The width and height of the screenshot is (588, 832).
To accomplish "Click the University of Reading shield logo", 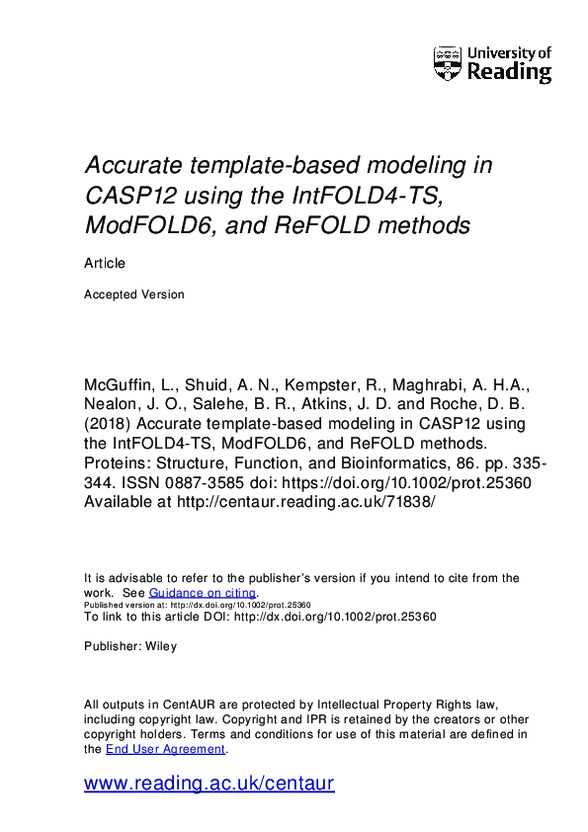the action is [x=448, y=63].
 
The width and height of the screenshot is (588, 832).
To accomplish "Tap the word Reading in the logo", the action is [x=509, y=72].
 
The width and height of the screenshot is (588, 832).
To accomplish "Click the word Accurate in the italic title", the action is [x=129, y=164].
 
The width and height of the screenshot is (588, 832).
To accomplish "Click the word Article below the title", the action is [x=105, y=264].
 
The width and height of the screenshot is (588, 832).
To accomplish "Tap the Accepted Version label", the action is [x=134, y=293].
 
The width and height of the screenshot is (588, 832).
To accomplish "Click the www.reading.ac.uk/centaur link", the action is [x=210, y=785].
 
